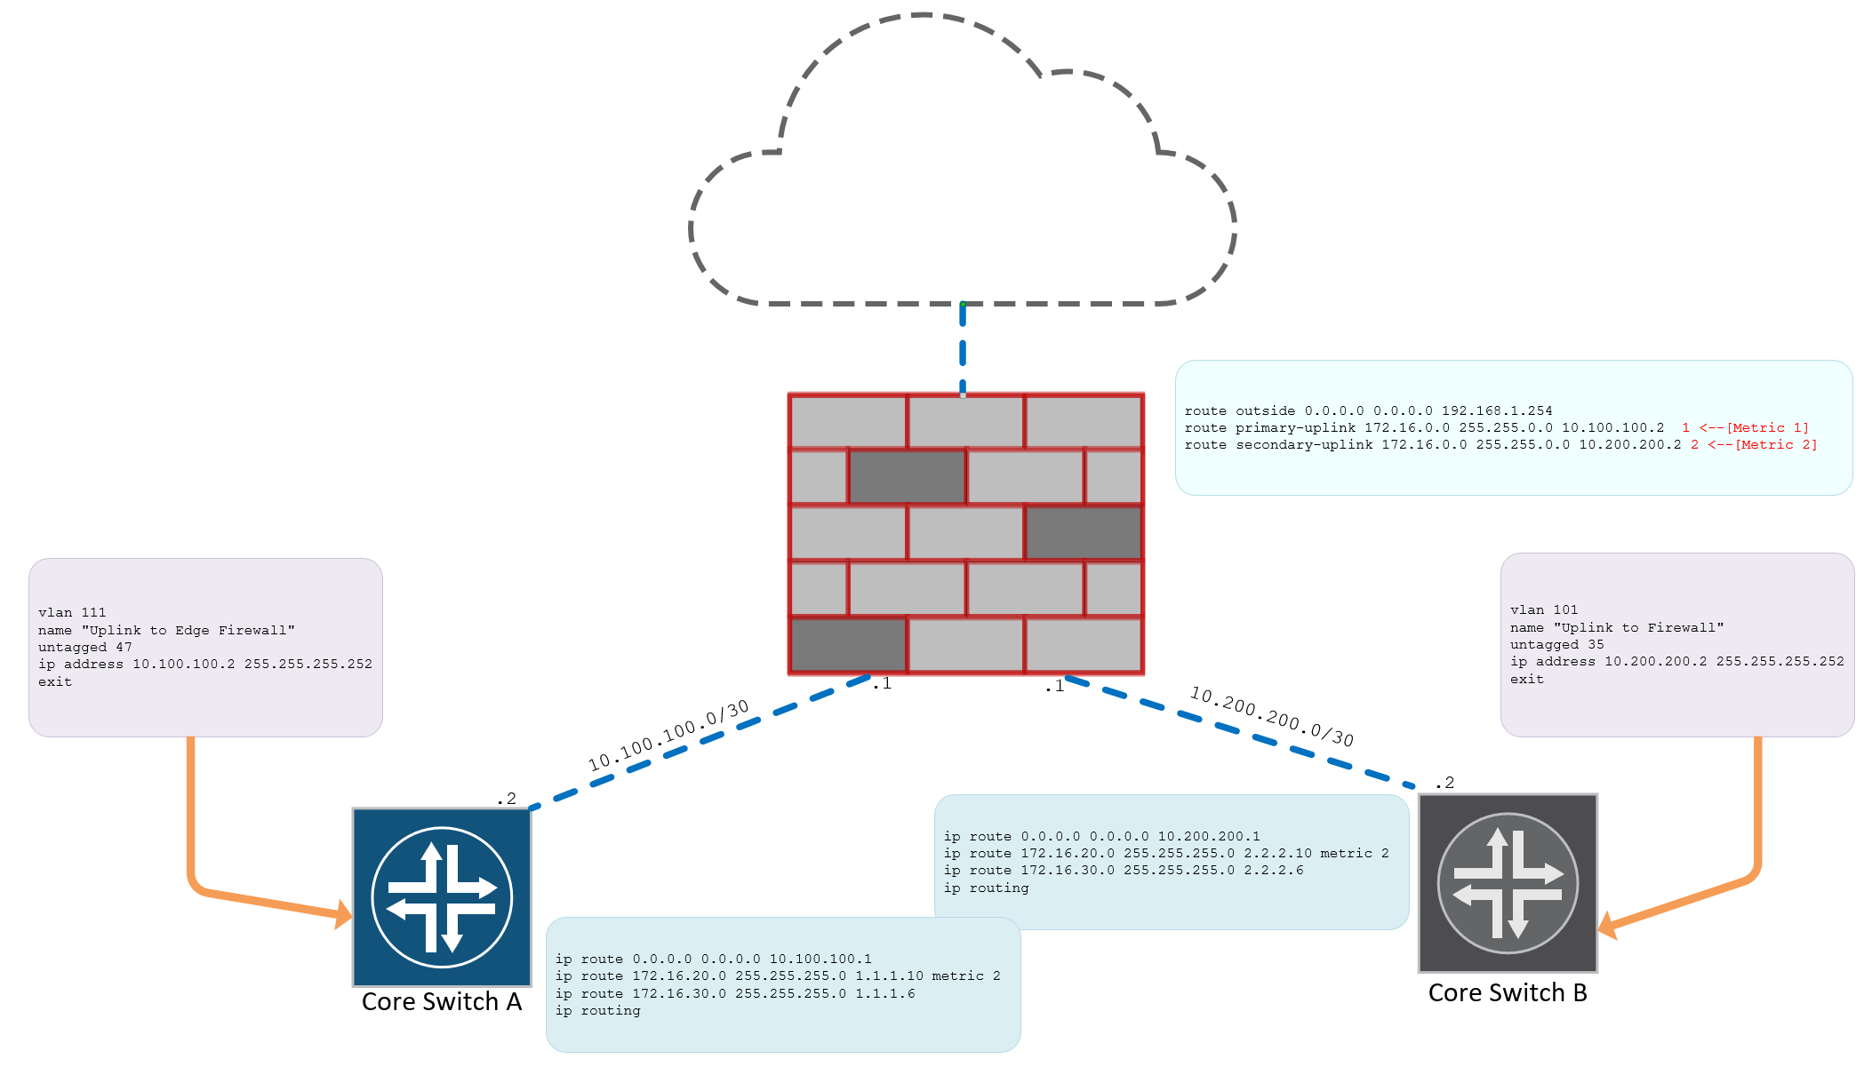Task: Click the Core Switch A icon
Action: [x=442, y=896]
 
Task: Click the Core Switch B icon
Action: [x=1508, y=883]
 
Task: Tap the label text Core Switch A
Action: [x=441, y=1002]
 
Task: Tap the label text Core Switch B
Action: [x=1508, y=993]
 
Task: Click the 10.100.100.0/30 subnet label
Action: [x=668, y=736]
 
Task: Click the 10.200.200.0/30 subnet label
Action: [x=1272, y=716]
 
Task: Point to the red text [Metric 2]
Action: [x=1776, y=445]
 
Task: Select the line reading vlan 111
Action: [x=72, y=613]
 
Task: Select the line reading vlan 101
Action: [x=1544, y=610]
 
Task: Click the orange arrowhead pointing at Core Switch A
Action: [x=343, y=914]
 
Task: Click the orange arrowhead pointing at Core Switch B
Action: [x=1608, y=926]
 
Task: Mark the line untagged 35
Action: [x=1556, y=645]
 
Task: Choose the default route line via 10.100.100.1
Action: [x=713, y=960]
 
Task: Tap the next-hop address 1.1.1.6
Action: [x=884, y=994]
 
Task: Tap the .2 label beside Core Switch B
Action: [x=1445, y=783]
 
